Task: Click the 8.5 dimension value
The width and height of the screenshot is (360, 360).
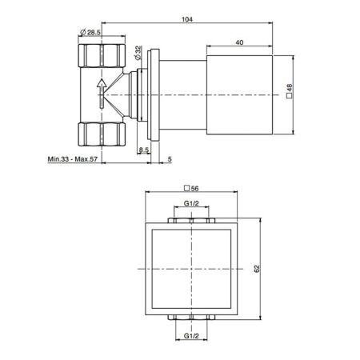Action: coord(143,150)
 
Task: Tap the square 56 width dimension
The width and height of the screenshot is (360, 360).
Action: coord(191,189)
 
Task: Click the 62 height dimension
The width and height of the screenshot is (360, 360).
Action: coord(257,272)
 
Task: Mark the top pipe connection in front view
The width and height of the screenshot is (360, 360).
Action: coord(191,219)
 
